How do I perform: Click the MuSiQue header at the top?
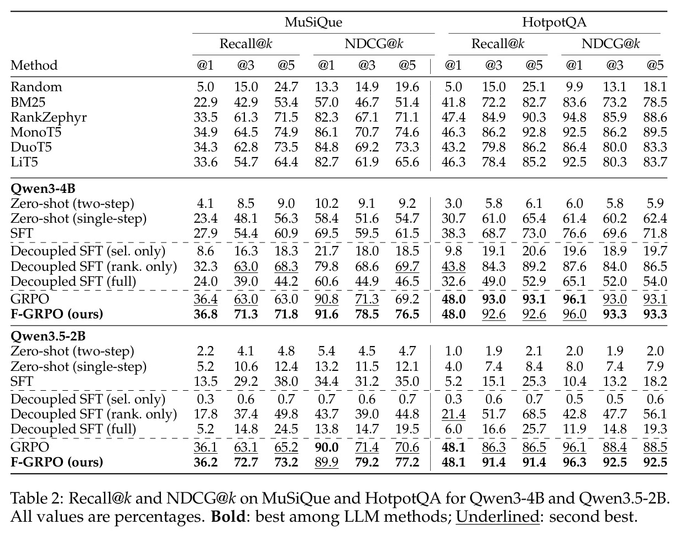coord(313,23)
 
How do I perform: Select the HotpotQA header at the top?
coord(554,23)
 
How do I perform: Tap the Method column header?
coord(34,65)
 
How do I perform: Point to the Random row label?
coord(36,87)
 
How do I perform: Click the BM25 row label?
coord(28,102)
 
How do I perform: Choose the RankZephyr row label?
coord(49,118)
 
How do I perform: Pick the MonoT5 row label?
coord(36,132)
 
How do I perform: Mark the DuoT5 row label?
coord(31,147)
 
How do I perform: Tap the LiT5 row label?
coord(24,162)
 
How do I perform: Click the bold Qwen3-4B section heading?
coord(43,188)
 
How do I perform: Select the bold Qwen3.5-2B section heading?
coord(48,337)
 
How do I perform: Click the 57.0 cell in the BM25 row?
coord(326,102)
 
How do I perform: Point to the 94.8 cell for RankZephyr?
coord(574,117)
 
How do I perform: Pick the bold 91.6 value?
coord(326,314)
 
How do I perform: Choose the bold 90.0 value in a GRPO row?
coord(326,447)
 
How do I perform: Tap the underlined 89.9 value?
coord(326,463)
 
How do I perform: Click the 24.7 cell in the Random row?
coord(286,87)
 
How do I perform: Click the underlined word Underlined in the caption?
coord(498,517)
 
